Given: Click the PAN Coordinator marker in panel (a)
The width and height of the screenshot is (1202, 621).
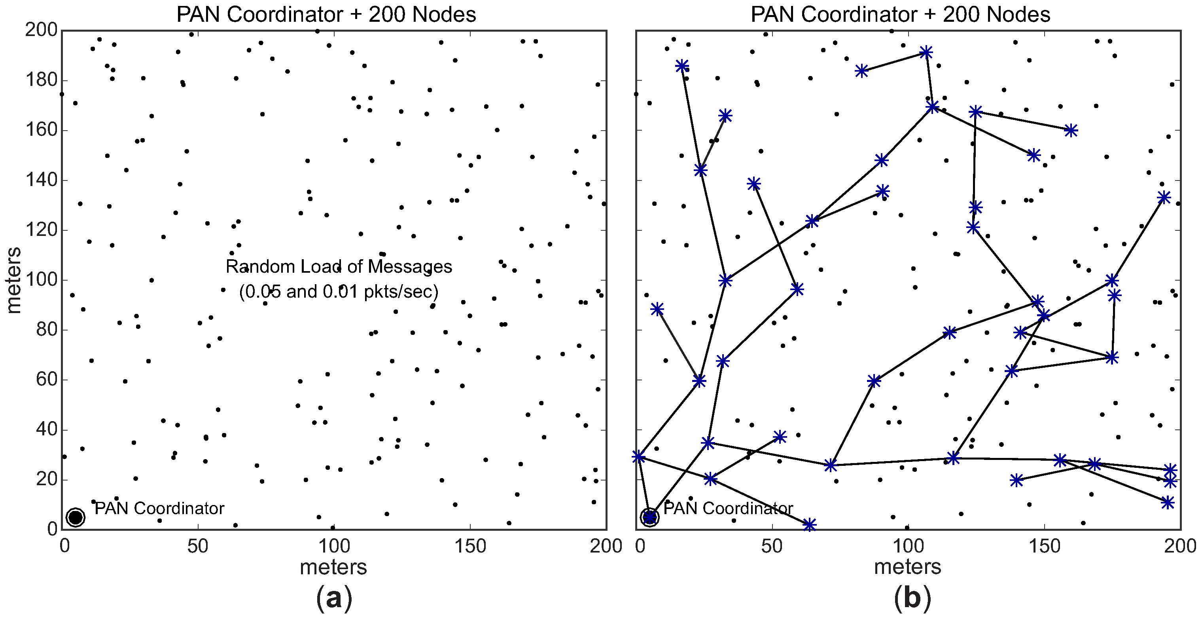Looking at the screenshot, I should click(76, 517).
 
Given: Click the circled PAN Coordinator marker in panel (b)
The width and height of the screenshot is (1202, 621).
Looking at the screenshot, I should click(649, 517).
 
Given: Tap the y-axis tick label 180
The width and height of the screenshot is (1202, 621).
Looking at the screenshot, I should click(41, 80).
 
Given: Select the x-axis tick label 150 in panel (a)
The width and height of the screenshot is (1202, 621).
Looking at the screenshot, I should click(470, 546).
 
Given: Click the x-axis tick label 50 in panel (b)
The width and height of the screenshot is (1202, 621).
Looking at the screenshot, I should click(772, 546).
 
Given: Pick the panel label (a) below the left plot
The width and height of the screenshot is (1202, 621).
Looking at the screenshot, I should click(334, 598).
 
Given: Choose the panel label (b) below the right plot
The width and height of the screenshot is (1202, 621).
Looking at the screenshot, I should click(912, 598).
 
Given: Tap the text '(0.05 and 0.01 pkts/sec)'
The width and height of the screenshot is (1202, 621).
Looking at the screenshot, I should click(339, 291).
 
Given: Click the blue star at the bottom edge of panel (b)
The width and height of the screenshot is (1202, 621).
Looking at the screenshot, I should click(810, 524).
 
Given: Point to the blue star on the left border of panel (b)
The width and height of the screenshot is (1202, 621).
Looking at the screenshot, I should click(638, 457).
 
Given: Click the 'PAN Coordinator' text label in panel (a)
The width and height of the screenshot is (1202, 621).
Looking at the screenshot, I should click(159, 509).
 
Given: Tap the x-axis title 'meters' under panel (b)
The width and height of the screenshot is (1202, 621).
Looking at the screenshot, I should click(908, 567).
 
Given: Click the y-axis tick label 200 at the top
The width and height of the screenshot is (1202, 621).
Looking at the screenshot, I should click(41, 30).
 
